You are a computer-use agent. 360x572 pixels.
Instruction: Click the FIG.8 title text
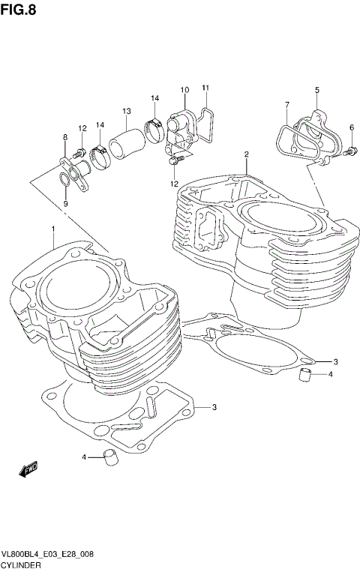tap(18, 9)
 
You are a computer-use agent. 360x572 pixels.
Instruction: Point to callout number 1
tap(53, 228)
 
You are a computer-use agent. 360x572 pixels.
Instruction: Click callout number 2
tap(246, 155)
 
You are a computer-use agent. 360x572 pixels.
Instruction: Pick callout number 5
tap(316, 90)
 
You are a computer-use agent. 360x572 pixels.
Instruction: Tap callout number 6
tap(351, 127)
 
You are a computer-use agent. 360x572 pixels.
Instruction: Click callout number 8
tap(65, 137)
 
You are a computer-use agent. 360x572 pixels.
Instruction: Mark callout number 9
tap(65, 203)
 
